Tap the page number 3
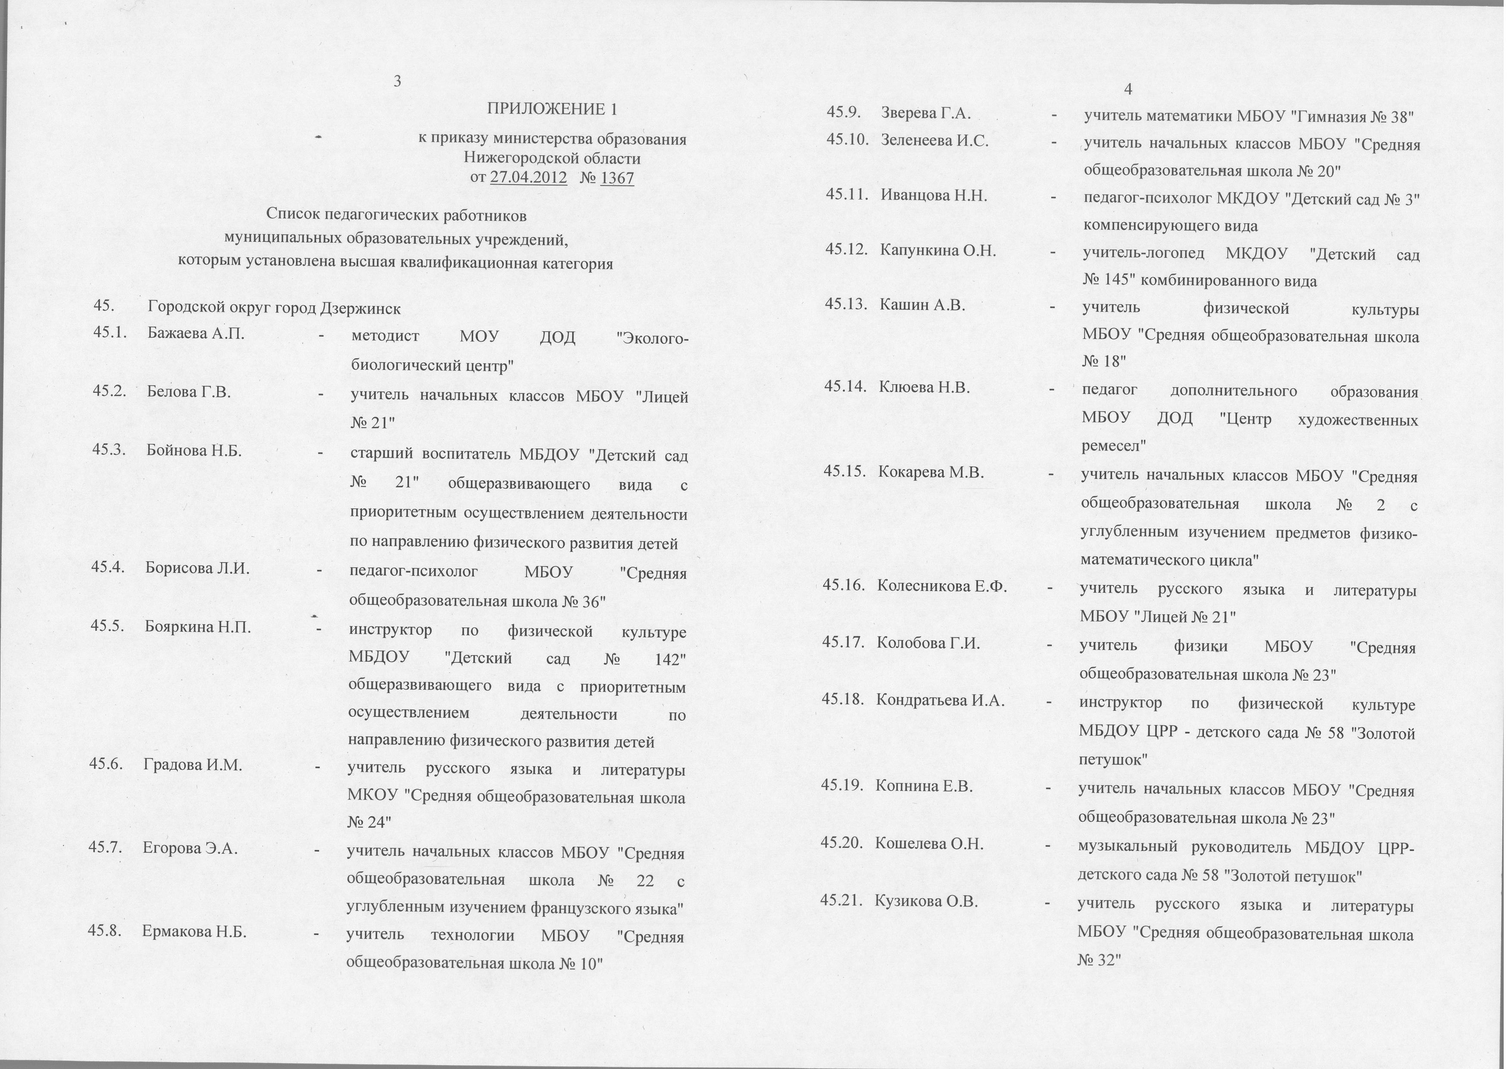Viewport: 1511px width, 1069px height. pyautogui.click(x=398, y=81)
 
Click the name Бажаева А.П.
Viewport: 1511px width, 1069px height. pyautogui.click(x=196, y=333)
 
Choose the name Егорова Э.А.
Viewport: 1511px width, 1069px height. pyautogui.click(x=191, y=849)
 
